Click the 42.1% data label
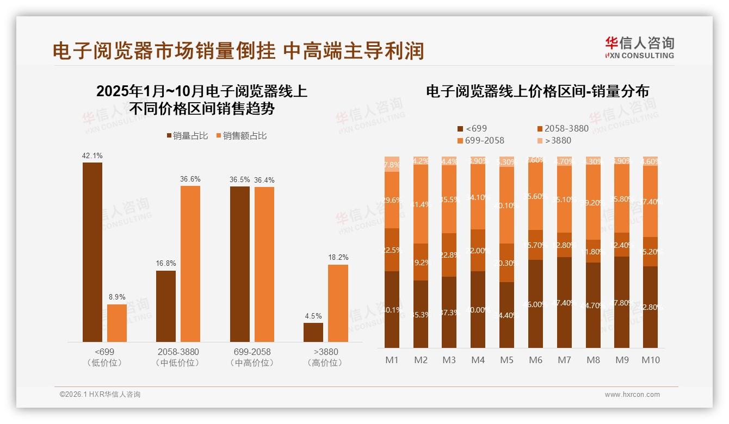click(92, 156)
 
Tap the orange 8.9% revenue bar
click(116, 323)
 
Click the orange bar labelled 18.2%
click(338, 303)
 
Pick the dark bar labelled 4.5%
click(313, 332)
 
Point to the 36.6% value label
click(190, 179)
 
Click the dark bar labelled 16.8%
click(166, 306)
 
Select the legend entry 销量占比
click(187, 136)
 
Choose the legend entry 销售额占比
click(242, 136)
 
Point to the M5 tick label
click(506, 360)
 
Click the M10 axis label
click(650, 360)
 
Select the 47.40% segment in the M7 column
click(564, 302)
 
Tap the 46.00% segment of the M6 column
click(535, 304)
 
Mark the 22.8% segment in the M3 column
click(449, 255)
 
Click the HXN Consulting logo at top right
click(639, 47)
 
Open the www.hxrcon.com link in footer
click(632, 395)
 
